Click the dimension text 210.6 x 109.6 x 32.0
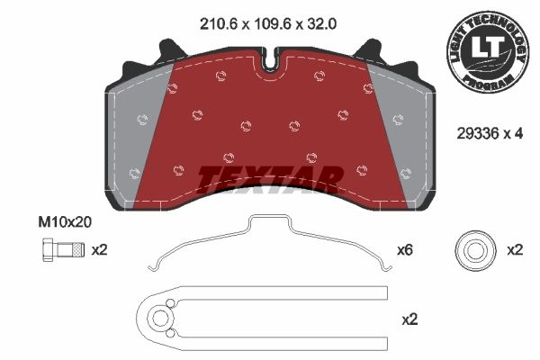pos(268,24)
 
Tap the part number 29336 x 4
pos(490,133)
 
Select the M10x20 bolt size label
pos(65,222)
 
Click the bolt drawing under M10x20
pos(63,250)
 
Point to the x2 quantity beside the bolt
pos(100,250)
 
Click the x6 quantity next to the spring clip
pos(405,250)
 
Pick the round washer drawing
pos(475,250)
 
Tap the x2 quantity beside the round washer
pos(515,250)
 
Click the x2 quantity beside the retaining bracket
pos(409,319)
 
